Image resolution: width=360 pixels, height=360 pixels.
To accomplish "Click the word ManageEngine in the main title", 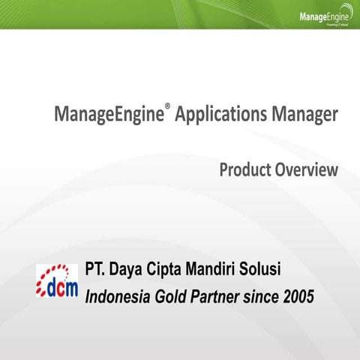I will (x=108, y=116).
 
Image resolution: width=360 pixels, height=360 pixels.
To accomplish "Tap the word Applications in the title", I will (x=224, y=116).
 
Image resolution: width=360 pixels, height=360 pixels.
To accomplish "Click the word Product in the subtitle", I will (x=246, y=170).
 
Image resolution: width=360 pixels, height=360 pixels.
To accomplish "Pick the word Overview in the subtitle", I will (x=308, y=170).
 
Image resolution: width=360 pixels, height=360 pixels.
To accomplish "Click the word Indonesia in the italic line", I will (x=118, y=295).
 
